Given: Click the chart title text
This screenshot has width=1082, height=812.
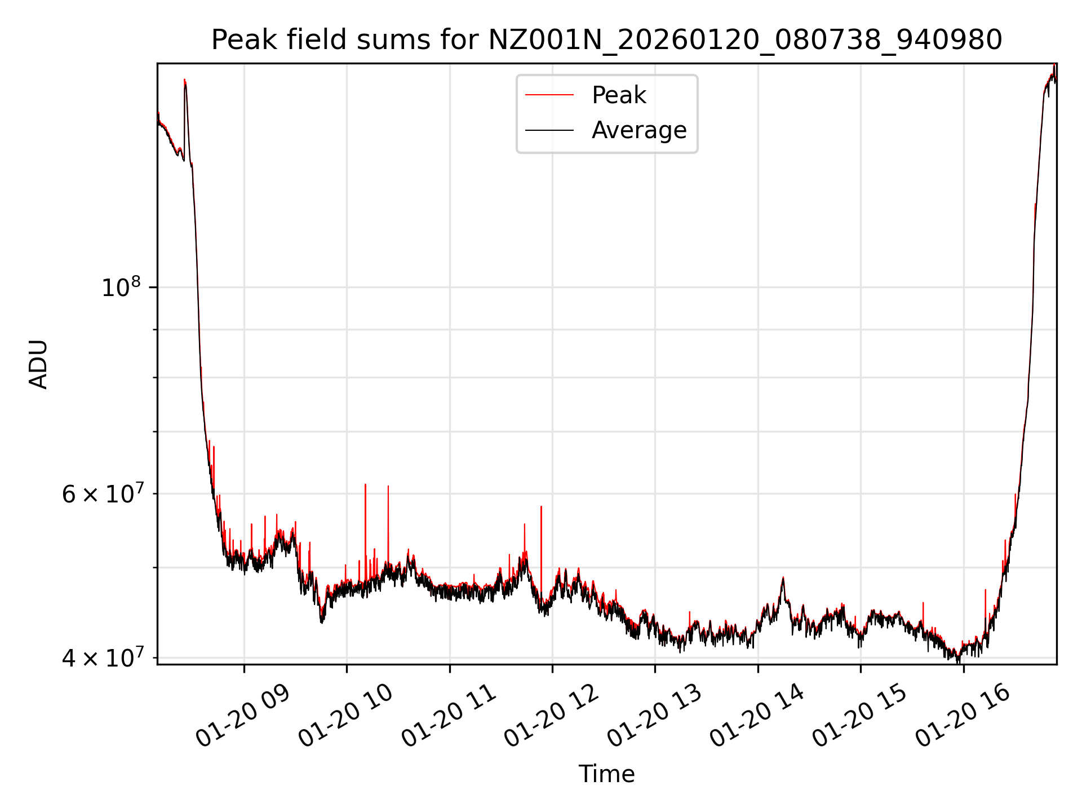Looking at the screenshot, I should point(606,40).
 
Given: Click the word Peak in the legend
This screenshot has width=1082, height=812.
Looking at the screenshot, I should point(619,95).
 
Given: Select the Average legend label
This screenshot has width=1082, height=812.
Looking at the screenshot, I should point(639,130).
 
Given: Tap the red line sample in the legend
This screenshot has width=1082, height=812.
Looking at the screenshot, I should point(549,95).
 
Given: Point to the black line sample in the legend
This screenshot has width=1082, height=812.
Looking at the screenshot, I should point(549,130).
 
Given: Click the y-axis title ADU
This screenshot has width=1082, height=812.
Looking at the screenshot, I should point(38,364).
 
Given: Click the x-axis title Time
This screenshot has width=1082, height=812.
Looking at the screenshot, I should point(606,774).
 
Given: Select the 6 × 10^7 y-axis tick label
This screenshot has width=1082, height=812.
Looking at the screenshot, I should point(102,494).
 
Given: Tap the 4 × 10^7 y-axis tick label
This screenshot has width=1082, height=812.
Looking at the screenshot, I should point(102,657).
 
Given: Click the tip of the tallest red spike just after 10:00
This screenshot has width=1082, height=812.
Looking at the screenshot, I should point(365,484).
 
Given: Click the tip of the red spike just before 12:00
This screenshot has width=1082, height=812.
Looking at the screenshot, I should point(541,506).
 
